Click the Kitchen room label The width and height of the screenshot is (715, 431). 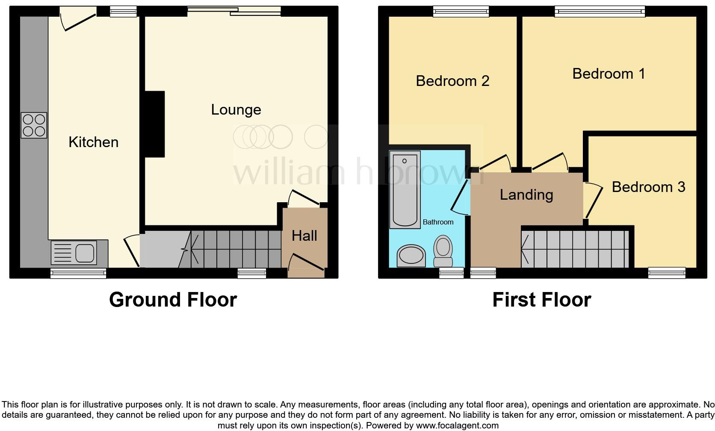click(x=93, y=142)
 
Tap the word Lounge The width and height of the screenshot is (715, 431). click(x=236, y=110)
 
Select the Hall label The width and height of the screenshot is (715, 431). click(x=304, y=236)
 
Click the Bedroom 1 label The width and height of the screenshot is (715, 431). click(x=608, y=74)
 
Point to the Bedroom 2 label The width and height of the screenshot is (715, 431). click(x=452, y=81)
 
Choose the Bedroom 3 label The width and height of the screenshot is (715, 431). click(x=648, y=187)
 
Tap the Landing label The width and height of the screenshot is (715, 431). click(x=526, y=195)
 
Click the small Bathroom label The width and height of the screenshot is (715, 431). click(x=438, y=222)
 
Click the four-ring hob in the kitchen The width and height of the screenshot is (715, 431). click(x=34, y=125)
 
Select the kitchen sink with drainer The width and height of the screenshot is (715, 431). click(x=73, y=252)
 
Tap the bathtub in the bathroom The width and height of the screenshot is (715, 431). click(x=405, y=189)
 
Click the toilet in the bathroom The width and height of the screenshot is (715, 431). click(x=443, y=252)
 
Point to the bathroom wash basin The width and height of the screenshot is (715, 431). click(x=411, y=256)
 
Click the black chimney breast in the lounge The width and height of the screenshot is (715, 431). click(x=155, y=124)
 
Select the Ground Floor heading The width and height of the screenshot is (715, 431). click(x=173, y=300)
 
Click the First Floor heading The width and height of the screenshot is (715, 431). click(x=541, y=300)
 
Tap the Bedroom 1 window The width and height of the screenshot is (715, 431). click(x=600, y=12)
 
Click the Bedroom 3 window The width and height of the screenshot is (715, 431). click(x=666, y=272)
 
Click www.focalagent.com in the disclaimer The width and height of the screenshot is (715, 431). click(x=456, y=425)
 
